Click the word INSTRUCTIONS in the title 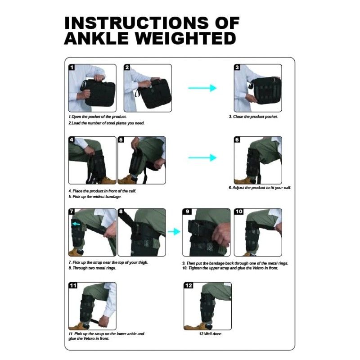136,23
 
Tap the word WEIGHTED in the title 185,38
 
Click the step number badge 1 72,67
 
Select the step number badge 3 237,67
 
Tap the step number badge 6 237,139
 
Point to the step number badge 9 187,211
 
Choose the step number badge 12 189,285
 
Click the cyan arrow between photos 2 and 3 202,88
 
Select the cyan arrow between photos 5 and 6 202,158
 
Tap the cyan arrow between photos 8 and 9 174,232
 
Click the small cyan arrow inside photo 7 76,224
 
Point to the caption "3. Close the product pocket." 253,117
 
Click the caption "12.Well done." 211,334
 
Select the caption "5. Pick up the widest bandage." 95,197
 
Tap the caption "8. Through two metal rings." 92,268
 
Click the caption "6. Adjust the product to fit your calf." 260,188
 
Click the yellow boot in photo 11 79,326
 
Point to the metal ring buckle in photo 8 137,229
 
